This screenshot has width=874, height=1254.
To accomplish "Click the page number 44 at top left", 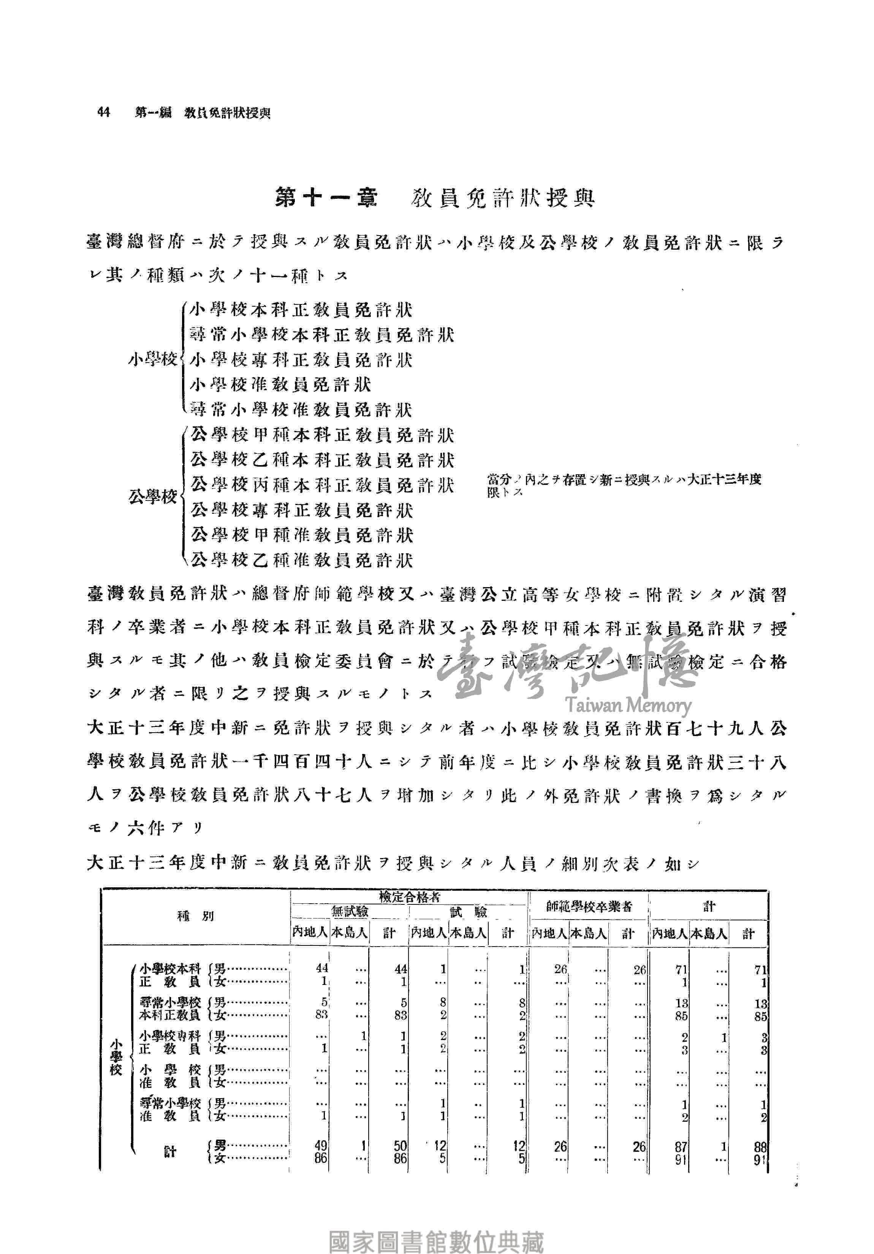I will pos(103,112).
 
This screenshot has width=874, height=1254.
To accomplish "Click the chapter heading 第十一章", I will pos(326,198).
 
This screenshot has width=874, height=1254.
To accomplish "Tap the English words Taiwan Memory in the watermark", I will pos(628,706).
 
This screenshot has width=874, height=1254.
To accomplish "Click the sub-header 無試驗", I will pos(350,912).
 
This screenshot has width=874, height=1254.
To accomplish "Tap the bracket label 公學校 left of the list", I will pos(152,497).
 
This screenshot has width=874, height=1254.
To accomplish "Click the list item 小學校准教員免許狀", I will pos(280,385).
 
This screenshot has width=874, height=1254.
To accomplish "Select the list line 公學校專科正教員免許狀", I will pos(302,511).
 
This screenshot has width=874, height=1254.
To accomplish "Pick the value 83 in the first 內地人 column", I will pos(321,1015).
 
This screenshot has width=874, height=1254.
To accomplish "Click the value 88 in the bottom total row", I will pos(760,1146).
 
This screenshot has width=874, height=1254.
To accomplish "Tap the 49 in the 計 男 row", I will pos(321,1146).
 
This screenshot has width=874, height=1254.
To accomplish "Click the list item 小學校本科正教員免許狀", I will pos(301,310).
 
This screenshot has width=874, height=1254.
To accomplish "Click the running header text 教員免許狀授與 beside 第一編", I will pos(227,113).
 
